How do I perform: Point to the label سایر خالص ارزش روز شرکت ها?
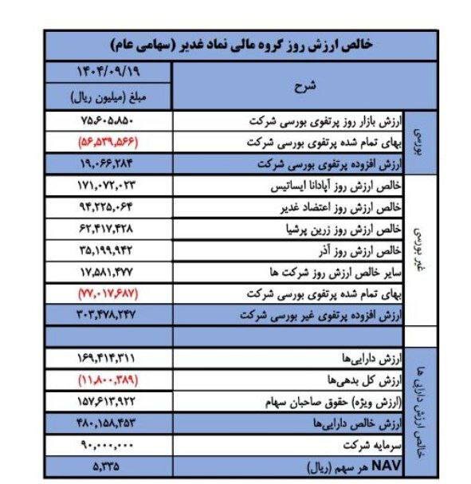(x=335, y=273)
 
